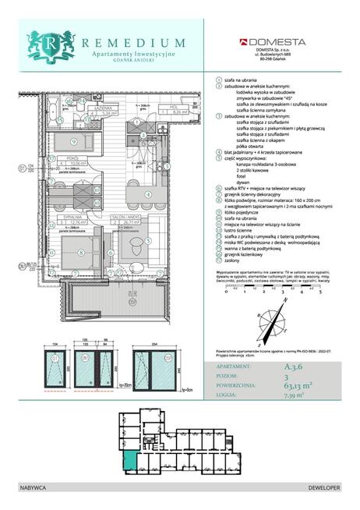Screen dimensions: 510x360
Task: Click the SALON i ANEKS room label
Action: pos(126,218)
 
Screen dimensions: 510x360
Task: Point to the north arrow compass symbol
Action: pos(282,321)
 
